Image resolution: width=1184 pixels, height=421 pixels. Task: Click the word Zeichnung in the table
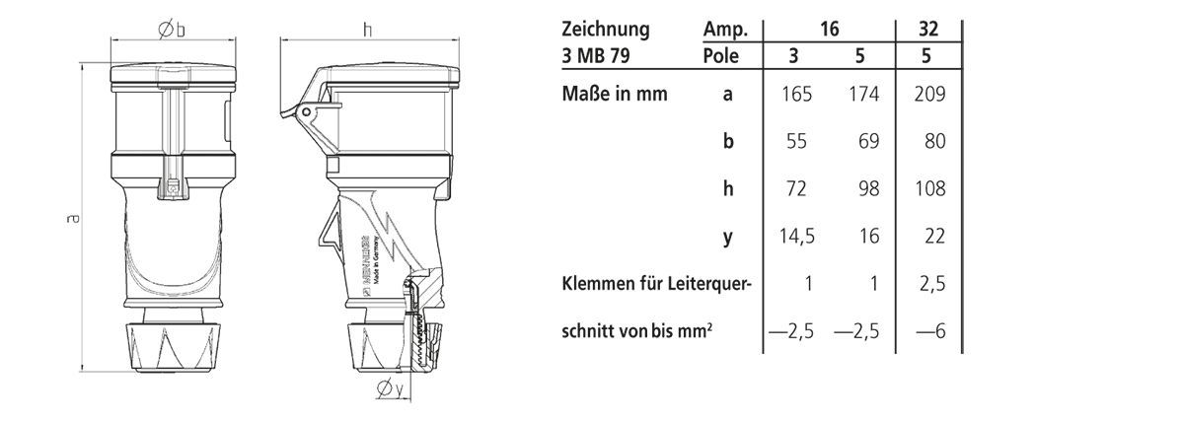tap(605, 30)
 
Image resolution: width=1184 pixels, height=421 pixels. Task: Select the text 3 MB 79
tap(594, 56)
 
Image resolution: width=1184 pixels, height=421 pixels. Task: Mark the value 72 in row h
tap(797, 189)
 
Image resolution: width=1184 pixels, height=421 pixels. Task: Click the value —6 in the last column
tap(930, 331)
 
